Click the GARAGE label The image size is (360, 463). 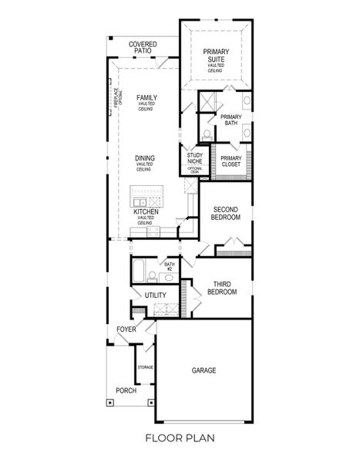(204, 370)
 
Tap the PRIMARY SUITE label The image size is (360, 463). (216, 56)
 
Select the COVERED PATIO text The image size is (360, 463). (143, 48)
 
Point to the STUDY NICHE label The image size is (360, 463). (195, 159)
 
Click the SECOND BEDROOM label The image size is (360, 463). (226, 214)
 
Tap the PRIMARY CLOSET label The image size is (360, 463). (230, 161)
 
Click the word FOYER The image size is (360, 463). (126, 330)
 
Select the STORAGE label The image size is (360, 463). (145, 367)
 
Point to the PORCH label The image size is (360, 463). (126, 390)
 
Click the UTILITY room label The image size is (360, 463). (155, 295)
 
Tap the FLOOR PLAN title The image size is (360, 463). (180, 438)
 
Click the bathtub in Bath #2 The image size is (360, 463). (139, 272)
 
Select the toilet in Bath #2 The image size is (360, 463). (153, 276)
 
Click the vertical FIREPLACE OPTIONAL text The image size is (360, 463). (116, 100)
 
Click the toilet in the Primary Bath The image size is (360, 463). (207, 137)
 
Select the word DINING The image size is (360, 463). (145, 158)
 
